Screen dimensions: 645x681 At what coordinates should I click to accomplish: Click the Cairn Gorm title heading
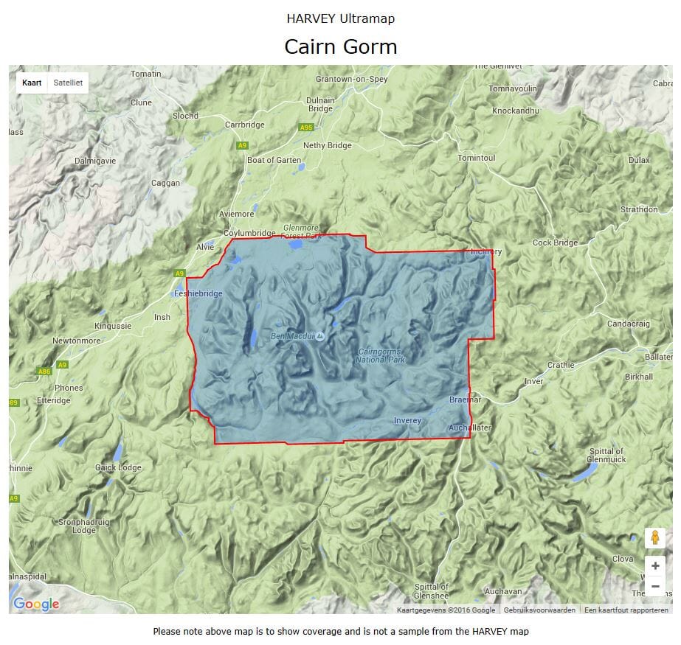point(340,47)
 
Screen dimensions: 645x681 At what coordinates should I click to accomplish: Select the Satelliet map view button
point(68,83)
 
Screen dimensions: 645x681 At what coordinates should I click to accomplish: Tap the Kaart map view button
point(32,83)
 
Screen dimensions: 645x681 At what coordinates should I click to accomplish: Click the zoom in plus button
point(655,566)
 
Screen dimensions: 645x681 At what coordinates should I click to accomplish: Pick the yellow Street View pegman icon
point(655,538)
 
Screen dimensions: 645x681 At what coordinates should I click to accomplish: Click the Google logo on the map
point(36,604)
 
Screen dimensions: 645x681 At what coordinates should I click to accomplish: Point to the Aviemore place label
point(237,214)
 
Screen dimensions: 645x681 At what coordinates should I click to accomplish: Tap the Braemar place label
point(465,400)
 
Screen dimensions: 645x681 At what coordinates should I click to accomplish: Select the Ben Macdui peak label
point(293,336)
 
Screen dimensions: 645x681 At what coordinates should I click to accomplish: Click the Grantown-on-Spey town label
point(351,79)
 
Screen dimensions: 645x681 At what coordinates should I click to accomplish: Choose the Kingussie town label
point(113,326)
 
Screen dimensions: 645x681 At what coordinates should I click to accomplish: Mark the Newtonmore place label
point(76,341)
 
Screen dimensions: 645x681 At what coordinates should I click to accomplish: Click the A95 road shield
point(306,128)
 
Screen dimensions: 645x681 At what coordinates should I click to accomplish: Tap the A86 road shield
point(44,372)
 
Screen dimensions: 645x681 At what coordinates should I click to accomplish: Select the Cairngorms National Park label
point(380,355)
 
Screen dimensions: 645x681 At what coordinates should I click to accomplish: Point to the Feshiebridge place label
point(198,293)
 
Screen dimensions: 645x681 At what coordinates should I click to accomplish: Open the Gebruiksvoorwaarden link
point(539,610)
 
